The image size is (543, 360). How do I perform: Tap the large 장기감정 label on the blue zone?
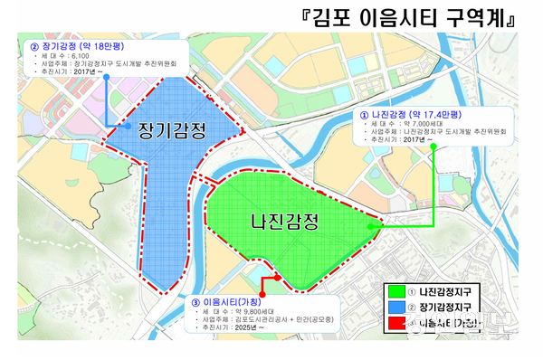169,131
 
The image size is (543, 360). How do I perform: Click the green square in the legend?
391,290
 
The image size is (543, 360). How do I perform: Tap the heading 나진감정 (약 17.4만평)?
416,116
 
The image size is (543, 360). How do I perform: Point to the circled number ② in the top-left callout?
33,45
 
